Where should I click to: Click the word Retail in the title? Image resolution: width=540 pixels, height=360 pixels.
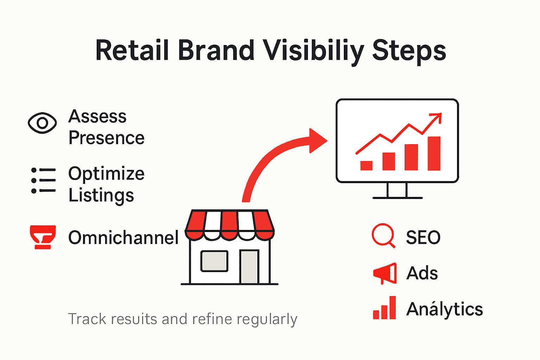[x=132, y=51]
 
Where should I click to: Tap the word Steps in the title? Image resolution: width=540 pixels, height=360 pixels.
[x=409, y=51]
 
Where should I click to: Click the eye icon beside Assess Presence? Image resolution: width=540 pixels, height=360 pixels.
[x=42, y=123]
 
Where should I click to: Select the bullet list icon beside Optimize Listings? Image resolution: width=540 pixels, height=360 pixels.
[x=43, y=180]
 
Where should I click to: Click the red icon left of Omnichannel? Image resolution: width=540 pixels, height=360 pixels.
[x=43, y=237]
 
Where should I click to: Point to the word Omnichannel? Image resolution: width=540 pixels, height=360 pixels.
[x=123, y=238]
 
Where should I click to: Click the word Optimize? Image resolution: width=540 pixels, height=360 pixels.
[x=106, y=174]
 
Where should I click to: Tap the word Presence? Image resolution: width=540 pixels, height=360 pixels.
[x=106, y=138]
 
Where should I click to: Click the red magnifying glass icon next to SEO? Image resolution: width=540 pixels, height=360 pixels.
[x=383, y=235]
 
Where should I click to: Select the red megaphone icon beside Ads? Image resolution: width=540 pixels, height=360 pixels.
[x=385, y=273]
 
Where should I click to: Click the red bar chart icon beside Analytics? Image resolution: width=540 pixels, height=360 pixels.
[x=385, y=308]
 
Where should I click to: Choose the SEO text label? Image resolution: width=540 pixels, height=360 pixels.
[x=423, y=238]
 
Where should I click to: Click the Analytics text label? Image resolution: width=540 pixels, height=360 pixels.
[x=444, y=309]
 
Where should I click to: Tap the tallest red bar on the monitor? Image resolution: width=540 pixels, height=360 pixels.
[x=434, y=153]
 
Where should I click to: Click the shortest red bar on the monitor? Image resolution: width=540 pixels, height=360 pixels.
[x=366, y=166]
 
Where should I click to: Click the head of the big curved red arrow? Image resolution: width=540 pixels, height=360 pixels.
[x=317, y=141]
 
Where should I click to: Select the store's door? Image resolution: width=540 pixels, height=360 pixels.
[x=249, y=266]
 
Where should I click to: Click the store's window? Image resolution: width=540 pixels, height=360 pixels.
[x=214, y=261]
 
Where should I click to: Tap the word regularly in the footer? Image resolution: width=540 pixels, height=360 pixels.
[x=267, y=319]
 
